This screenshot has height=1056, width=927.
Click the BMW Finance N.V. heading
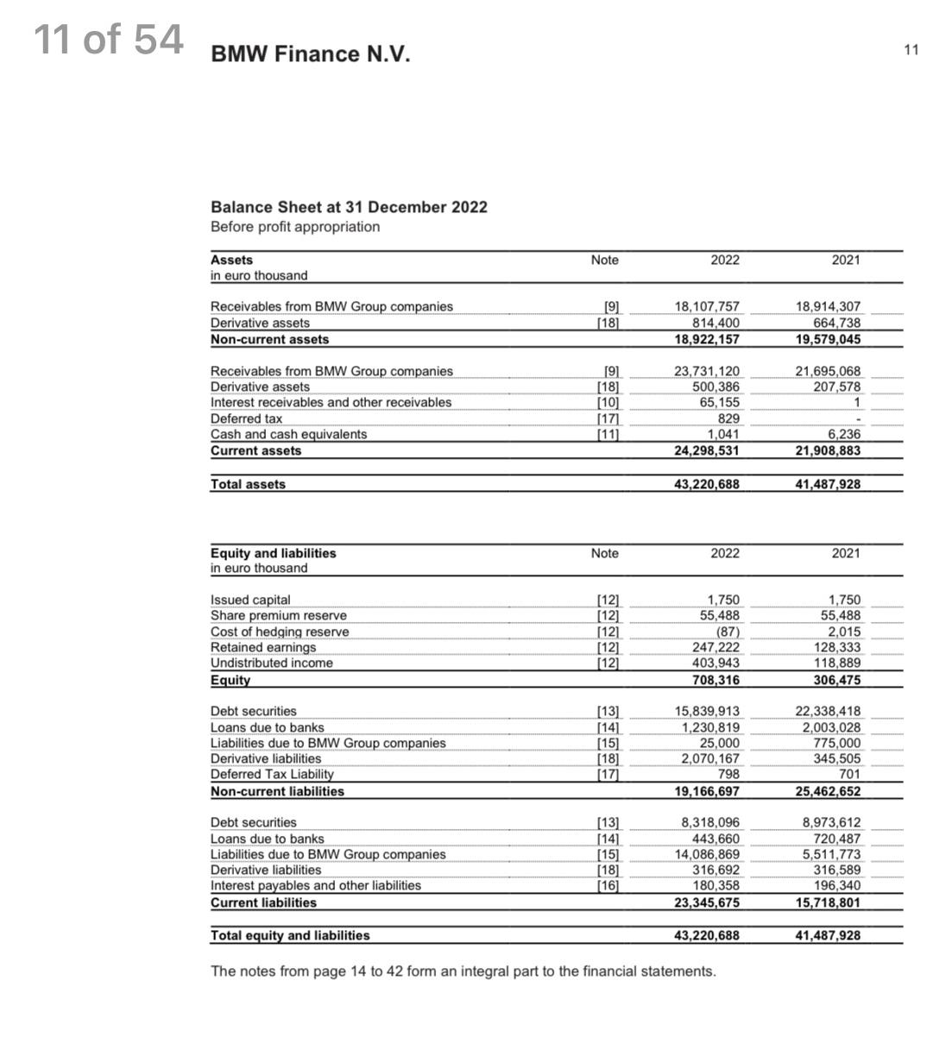[310, 54]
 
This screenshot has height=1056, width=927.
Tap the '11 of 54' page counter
[109, 40]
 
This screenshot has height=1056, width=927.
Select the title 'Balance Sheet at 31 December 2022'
[349, 207]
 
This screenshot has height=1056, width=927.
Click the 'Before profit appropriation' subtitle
[295, 227]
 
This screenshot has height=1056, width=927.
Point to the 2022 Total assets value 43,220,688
[706, 484]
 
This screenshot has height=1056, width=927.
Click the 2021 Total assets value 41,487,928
[827, 484]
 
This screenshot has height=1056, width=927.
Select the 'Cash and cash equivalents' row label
[288, 434]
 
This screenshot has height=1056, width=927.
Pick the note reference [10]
[609, 403]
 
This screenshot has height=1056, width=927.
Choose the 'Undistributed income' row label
[271, 663]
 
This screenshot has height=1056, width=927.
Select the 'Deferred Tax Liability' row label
[271, 775]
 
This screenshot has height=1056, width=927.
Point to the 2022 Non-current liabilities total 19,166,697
[706, 791]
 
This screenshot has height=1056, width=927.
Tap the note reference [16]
[609, 886]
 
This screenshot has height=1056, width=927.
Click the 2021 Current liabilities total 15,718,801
[827, 902]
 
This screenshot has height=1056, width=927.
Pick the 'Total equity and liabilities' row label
[290, 935]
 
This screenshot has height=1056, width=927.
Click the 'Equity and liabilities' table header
[274, 553]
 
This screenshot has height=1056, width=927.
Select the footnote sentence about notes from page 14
[463, 971]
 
